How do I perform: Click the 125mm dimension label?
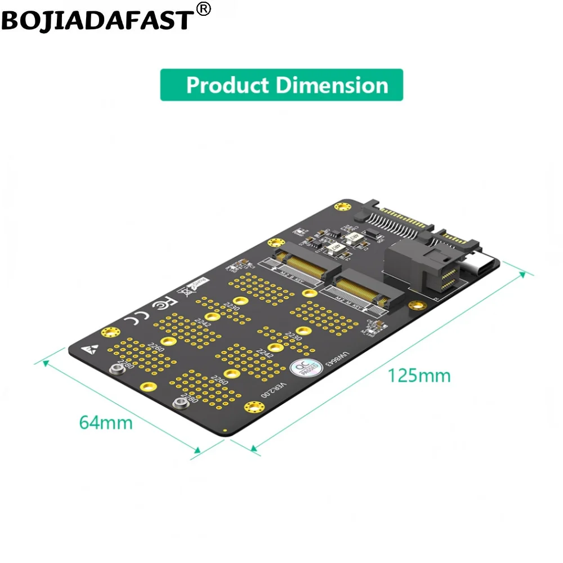click(418, 375)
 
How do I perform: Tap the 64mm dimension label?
click(106, 422)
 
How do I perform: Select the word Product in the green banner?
click(227, 86)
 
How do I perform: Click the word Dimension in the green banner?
click(332, 86)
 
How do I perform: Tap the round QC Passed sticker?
click(299, 369)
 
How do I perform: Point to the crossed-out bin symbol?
click(184, 292)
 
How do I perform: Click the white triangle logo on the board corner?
click(88, 348)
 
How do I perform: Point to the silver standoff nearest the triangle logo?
click(117, 369)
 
